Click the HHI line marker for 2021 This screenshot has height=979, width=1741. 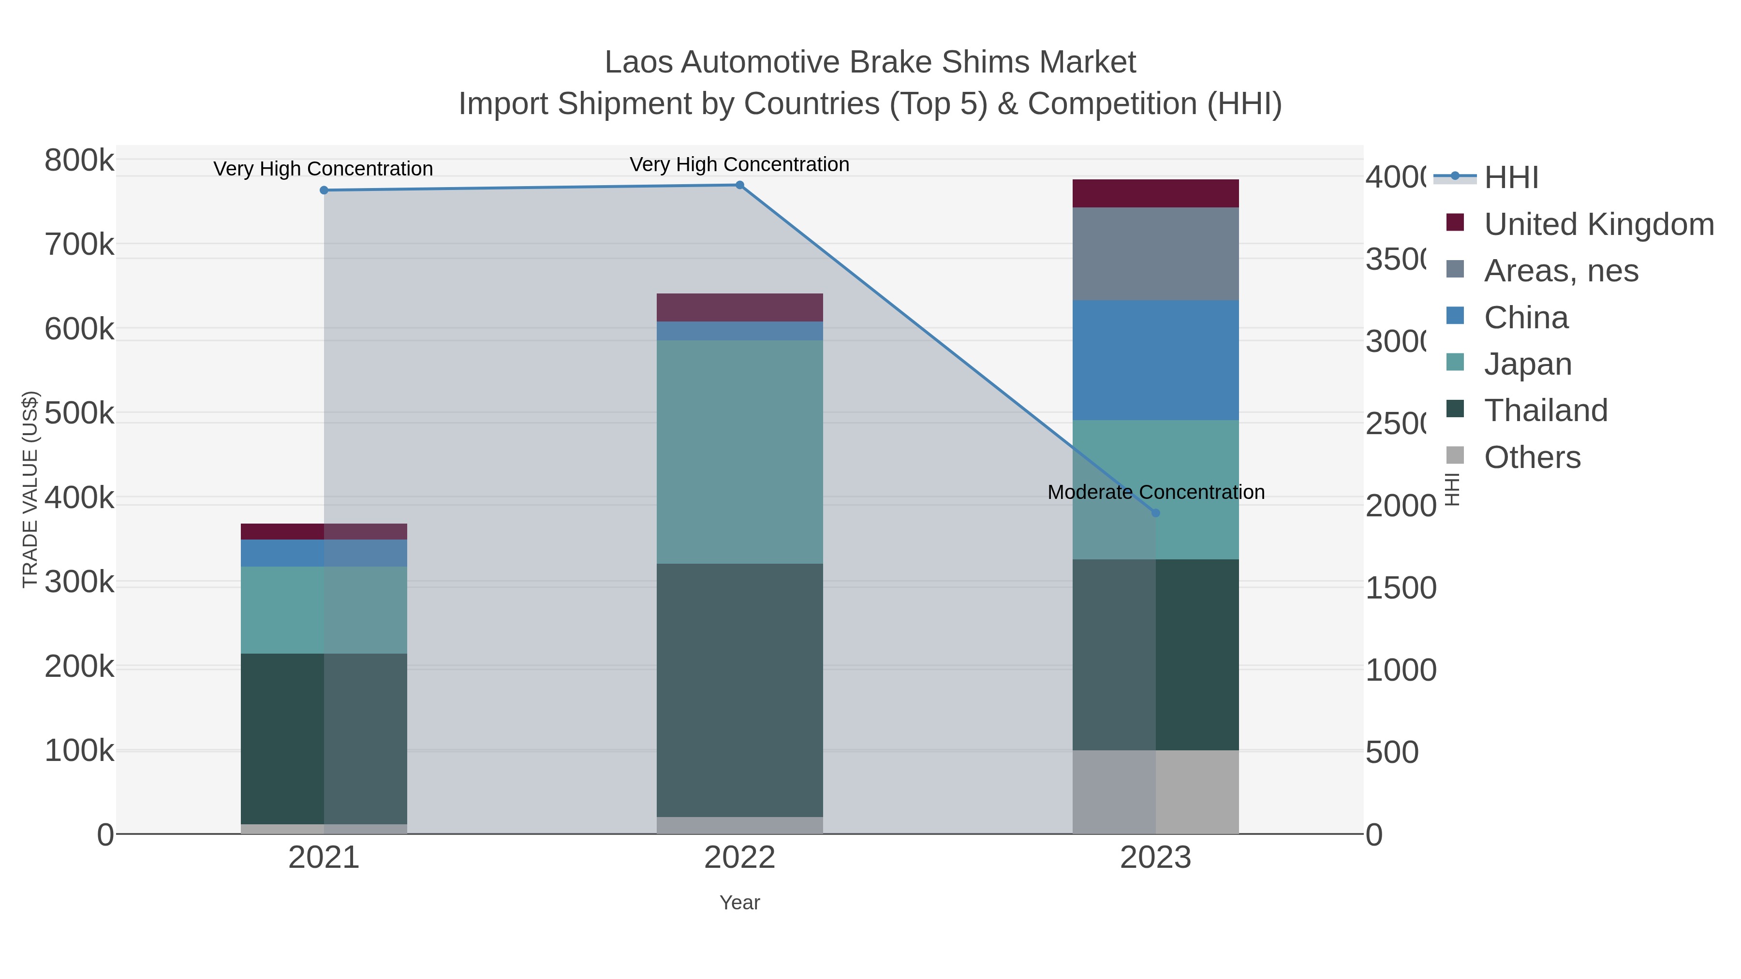(x=324, y=190)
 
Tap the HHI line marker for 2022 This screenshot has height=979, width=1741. (x=739, y=185)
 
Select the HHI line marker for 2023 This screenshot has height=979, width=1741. (x=1155, y=513)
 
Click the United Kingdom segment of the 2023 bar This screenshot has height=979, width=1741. (x=1155, y=193)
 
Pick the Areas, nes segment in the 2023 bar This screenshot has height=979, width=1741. (x=1155, y=253)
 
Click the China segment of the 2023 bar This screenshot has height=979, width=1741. (x=1155, y=360)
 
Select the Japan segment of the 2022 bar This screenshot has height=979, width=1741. (x=739, y=452)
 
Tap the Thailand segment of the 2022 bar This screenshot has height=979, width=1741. (x=739, y=690)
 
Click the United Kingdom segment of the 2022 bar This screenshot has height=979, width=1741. (x=739, y=307)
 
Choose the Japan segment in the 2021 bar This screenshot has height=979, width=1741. (x=324, y=610)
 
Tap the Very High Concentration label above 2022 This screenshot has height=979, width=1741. (x=739, y=164)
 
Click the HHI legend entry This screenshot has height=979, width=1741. (x=1511, y=178)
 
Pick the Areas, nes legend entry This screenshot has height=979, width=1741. (x=1561, y=270)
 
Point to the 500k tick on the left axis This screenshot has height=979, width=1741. (x=79, y=413)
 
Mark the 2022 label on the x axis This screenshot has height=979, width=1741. (x=739, y=858)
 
